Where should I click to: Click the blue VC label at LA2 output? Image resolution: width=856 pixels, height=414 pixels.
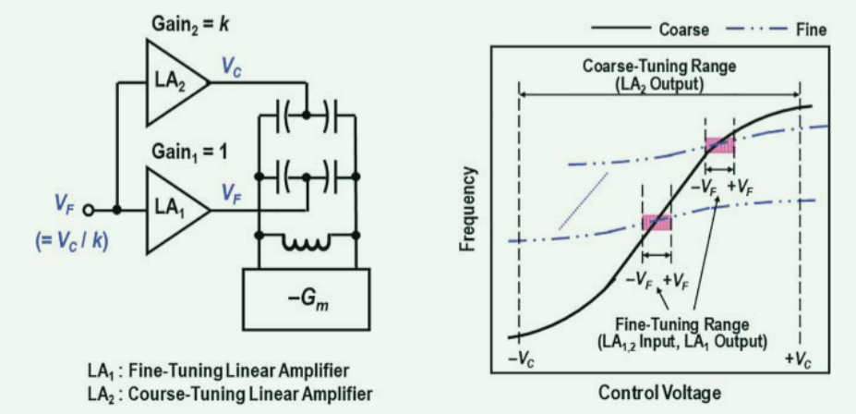[232, 68]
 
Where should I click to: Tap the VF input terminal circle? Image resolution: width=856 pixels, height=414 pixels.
[88, 210]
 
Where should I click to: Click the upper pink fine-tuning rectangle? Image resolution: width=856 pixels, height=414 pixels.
[719, 145]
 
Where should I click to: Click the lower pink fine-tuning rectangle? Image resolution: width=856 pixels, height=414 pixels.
[657, 222]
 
